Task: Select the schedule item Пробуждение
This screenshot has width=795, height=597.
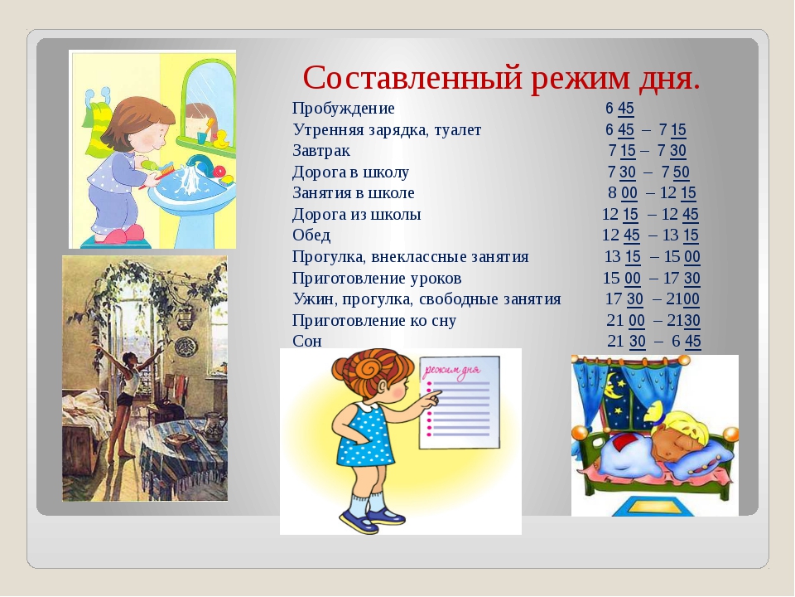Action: (x=343, y=108)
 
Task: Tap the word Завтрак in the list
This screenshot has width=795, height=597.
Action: (x=321, y=151)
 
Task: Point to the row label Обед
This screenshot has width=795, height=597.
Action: (x=311, y=235)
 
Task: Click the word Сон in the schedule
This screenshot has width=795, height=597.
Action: (x=306, y=341)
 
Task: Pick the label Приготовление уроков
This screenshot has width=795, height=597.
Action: (x=377, y=279)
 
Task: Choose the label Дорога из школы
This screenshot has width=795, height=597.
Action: (x=356, y=214)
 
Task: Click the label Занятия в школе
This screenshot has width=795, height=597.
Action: (x=354, y=193)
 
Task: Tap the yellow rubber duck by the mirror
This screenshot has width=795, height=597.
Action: (x=221, y=139)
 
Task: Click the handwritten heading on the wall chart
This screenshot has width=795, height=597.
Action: (x=452, y=371)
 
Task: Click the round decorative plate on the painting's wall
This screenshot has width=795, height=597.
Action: (x=185, y=347)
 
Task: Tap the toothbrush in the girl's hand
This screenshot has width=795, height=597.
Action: (x=157, y=172)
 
